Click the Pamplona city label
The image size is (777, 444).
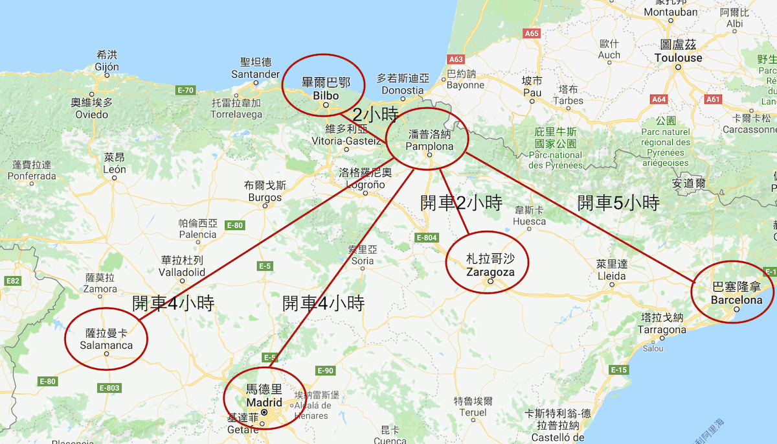429,146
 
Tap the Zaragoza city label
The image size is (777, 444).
490,272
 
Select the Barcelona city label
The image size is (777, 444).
736,300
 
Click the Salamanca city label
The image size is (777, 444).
106,345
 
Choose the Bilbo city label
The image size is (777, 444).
326,95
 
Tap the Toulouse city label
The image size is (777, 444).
678,58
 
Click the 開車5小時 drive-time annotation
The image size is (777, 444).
618,203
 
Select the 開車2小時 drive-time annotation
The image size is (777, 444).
461,203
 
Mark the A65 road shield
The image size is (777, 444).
532,33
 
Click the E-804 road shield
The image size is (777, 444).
427,238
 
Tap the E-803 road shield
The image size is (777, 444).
110,388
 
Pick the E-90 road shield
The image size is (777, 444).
325,371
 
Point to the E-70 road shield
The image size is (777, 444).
186,90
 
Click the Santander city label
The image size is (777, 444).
256,74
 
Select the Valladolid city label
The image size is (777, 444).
183,272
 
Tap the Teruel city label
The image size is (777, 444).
472,412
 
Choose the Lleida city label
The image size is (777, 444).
612,276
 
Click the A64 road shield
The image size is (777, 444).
659,99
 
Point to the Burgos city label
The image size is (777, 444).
265,197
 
